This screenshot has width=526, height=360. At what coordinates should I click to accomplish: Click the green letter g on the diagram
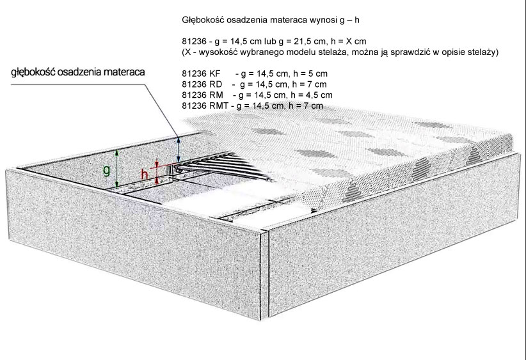(106, 170)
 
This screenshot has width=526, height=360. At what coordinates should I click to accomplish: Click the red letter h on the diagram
(144, 175)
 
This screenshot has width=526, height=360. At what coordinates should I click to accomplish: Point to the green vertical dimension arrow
(116, 168)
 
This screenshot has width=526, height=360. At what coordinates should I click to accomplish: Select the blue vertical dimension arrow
(179, 149)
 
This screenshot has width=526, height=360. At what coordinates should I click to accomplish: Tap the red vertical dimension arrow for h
(157, 171)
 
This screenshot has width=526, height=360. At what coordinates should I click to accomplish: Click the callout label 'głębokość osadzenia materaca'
(78, 72)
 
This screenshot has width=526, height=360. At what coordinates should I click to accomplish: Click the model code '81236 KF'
(201, 74)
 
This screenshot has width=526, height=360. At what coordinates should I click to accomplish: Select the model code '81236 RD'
(202, 84)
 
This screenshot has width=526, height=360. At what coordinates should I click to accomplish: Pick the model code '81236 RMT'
(205, 106)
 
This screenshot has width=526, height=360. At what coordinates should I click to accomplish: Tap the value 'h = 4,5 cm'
(312, 95)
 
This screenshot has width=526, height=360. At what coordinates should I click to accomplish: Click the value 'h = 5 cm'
(310, 74)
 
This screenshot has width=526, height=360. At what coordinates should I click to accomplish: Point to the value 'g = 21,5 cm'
(302, 42)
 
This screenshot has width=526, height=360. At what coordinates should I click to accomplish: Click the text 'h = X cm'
(348, 42)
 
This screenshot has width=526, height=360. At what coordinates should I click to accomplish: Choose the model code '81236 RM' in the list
(202, 95)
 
